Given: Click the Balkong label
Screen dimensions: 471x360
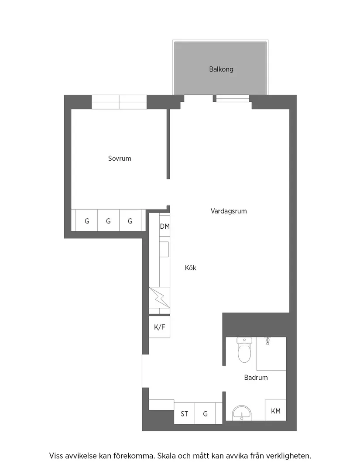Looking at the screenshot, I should [x=221, y=69].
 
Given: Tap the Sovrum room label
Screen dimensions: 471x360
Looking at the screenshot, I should [x=120, y=158].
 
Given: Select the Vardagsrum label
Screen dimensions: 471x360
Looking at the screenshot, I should [x=229, y=211].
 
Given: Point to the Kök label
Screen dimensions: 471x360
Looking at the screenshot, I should [x=191, y=268].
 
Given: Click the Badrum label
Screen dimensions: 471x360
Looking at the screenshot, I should [x=256, y=378].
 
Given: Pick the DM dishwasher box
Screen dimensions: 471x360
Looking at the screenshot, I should [x=165, y=227].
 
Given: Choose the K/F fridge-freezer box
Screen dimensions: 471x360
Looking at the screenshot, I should [x=159, y=327].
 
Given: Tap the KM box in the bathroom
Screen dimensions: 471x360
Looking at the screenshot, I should [x=276, y=411].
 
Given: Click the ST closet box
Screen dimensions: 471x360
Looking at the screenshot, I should [x=185, y=413].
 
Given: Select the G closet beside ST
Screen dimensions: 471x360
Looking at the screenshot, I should [x=205, y=413].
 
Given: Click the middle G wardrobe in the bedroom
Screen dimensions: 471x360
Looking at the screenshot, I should [x=108, y=221].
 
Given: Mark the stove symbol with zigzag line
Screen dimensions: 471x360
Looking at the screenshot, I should [x=159, y=298].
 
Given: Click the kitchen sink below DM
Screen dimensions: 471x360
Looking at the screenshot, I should [x=165, y=250].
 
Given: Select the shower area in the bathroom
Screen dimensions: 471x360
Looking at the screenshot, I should [x=271, y=354].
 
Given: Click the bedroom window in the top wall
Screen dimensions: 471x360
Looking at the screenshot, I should [x=119, y=102].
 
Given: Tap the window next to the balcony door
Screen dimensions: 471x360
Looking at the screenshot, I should [x=233, y=99].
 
